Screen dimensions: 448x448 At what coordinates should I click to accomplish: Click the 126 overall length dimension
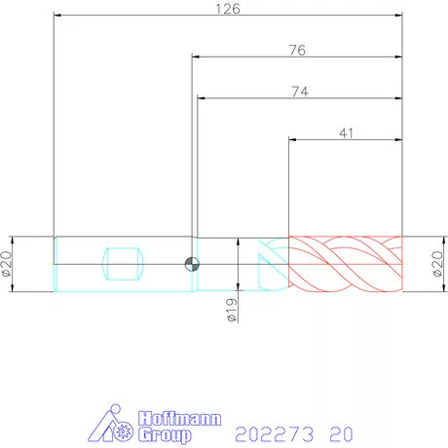pyautogui.click(x=228, y=9)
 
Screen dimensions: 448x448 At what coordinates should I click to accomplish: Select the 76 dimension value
pyautogui.click(x=297, y=51)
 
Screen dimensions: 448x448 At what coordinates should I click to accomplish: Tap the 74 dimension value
pyautogui.click(x=300, y=92)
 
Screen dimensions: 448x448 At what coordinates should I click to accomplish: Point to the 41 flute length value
pyautogui.click(x=346, y=133)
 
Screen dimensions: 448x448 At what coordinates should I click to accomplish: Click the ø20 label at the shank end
pyautogui.click(x=7, y=264)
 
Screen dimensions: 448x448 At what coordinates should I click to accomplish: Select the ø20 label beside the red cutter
pyautogui.click(x=438, y=264)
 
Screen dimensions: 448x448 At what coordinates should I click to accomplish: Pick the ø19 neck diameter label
pyautogui.click(x=232, y=310)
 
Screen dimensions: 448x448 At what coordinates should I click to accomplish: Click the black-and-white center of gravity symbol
pyautogui.click(x=192, y=264)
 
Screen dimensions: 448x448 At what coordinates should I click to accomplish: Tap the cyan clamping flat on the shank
pyautogui.click(x=123, y=264)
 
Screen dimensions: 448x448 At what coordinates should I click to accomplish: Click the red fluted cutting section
pyautogui.click(x=346, y=264)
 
